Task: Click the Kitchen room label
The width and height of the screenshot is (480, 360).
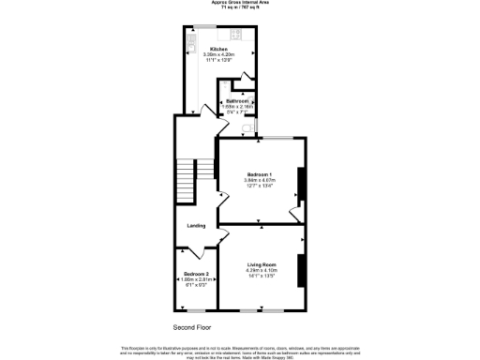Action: pos(218,49)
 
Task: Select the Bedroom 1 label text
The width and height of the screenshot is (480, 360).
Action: pos(260,175)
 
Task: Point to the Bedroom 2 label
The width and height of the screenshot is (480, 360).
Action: pos(196,273)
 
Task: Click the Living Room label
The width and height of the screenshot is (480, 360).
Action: pos(262,265)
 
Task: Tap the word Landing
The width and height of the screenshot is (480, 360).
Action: pos(195,226)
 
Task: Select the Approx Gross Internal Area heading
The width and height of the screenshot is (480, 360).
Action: pos(240,4)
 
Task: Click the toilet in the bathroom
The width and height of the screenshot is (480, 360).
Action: pos(249,131)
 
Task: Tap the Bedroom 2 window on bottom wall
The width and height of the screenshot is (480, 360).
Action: pos(196,310)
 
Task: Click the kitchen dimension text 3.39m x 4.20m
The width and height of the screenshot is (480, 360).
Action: pos(218,54)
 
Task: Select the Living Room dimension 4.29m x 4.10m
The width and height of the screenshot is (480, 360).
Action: pos(262,271)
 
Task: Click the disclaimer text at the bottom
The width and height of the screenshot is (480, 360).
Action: pos(240,350)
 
